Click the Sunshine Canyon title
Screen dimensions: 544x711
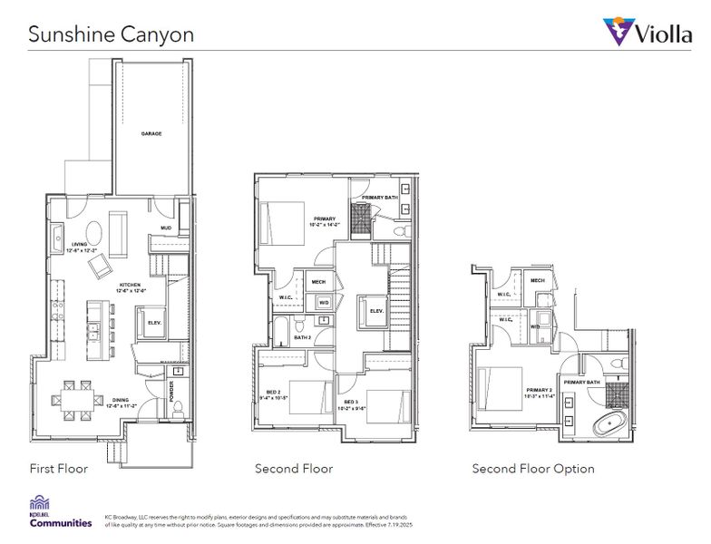click(110, 34)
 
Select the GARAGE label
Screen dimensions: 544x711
click(151, 133)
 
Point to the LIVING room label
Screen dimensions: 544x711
click(80, 247)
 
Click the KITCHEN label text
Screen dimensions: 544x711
click(130, 287)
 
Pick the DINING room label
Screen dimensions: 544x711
click(121, 403)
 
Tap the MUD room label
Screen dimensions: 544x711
click(166, 228)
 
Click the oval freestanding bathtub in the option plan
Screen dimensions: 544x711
click(603, 423)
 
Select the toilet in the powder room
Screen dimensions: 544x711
click(179, 406)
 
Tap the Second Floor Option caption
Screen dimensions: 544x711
click(533, 469)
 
